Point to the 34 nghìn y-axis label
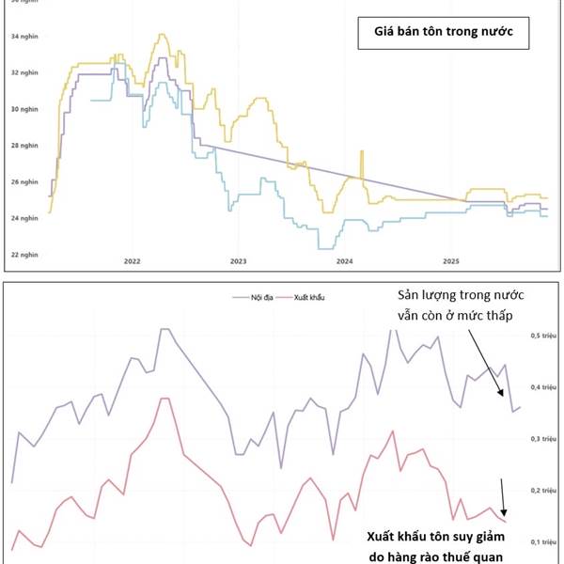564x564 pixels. pyautogui.click(x=23, y=37)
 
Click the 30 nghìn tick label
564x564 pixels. pyautogui.click(x=23, y=109)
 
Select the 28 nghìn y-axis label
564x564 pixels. pyautogui.click(x=23, y=146)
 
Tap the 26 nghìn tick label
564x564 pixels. pyautogui.click(x=23, y=182)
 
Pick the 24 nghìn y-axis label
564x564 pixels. pyautogui.click(x=23, y=218)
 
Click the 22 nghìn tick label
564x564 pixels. pyautogui.click(x=23, y=255)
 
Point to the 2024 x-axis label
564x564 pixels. pyautogui.click(x=344, y=260)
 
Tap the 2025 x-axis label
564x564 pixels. pyautogui.click(x=450, y=260)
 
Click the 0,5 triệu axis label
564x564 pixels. pyautogui.click(x=544, y=335)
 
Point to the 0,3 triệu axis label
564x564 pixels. pyautogui.click(x=544, y=439)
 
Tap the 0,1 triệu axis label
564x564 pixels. pyautogui.click(x=544, y=542)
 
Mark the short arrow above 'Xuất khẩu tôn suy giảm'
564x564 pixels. pyautogui.click(x=503, y=496)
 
